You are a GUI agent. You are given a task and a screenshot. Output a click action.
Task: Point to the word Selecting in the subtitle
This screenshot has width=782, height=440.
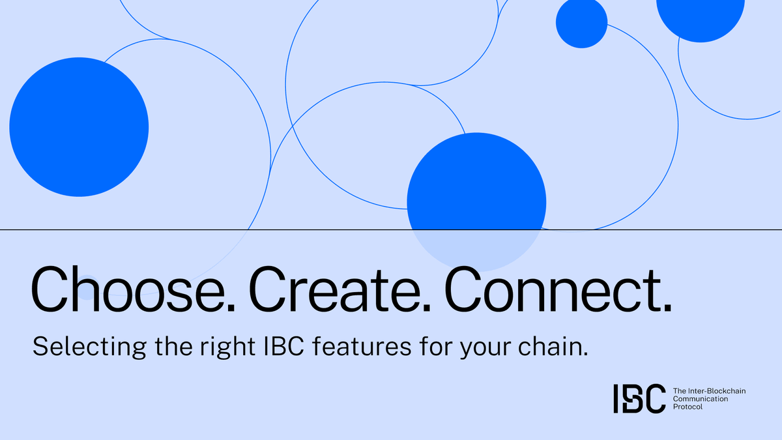pos(80,347)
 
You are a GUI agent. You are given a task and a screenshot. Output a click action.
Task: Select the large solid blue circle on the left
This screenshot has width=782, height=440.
pos(79,127)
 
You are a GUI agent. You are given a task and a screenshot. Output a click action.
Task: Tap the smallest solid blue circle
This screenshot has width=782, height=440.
pos(581,23)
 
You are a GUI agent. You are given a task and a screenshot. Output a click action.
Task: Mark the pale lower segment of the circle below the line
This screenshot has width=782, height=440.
pos(476,251)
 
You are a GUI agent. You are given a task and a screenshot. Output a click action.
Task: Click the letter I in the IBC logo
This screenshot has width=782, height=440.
pos(616,398)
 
